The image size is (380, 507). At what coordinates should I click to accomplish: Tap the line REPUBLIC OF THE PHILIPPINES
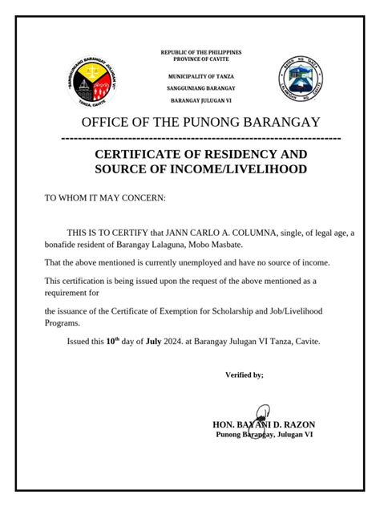201,52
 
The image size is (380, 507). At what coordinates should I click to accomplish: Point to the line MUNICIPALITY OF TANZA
201,75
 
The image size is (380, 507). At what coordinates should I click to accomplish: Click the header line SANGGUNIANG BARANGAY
201,87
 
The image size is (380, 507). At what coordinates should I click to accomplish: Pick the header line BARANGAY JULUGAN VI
201,101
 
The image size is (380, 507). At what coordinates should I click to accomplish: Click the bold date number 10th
114,340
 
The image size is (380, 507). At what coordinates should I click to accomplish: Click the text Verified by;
245,375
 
